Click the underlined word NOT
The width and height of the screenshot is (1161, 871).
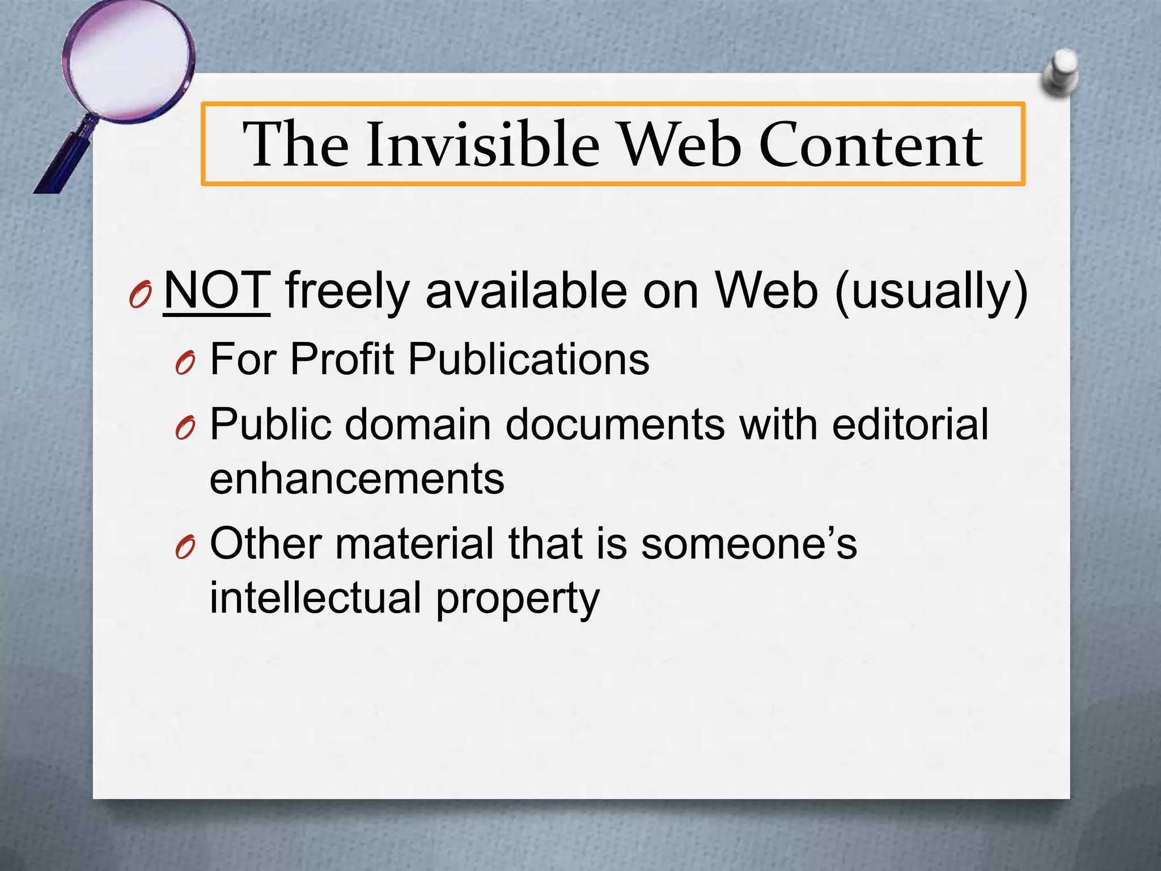coord(217,290)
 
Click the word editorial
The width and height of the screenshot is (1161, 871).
coord(910,424)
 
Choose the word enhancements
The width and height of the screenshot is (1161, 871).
coord(357,479)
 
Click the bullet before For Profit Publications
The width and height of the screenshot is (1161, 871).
coord(185,362)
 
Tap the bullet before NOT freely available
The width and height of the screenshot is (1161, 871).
coord(139,295)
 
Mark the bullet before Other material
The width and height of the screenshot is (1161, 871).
coord(185,547)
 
